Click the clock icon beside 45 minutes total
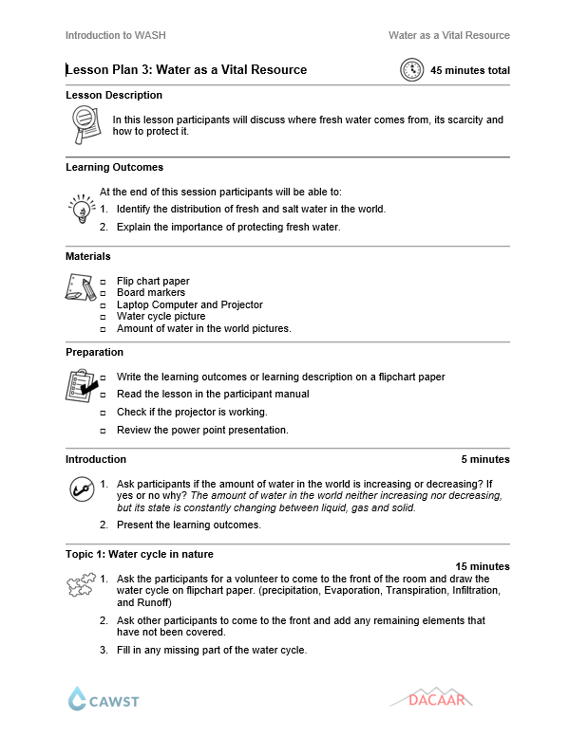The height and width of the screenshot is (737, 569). point(412,70)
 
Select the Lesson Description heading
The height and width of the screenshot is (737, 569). point(113,95)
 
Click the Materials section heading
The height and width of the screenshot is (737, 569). point(87,256)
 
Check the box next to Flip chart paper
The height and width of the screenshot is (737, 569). point(104,282)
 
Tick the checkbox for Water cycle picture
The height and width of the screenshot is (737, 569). point(104,317)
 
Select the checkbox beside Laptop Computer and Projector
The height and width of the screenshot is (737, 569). point(104,305)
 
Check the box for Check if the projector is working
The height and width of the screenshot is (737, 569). point(104,413)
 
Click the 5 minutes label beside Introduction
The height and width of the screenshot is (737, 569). point(485,459)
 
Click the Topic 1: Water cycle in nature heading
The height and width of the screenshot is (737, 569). point(140,554)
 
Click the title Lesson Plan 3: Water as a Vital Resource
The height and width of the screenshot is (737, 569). point(186,70)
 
